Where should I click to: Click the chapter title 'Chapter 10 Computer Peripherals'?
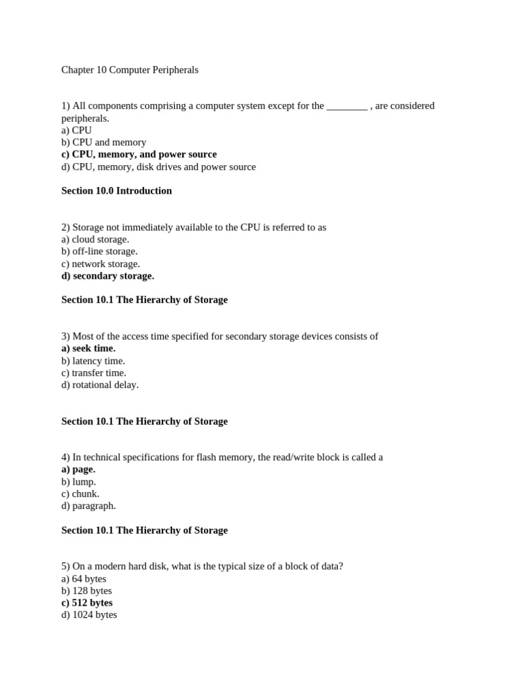pyautogui.click(x=130, y=70)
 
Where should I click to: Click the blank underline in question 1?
pyautogui.click(x=347, y=107)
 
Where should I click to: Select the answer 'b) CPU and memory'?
pyautogui.click(x=103, y=142)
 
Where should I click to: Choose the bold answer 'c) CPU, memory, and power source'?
pyautogui.click(x=139, y=154)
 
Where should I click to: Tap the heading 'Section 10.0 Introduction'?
pyautogui.click(x=116, y=191)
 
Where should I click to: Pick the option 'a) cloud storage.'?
pyautogui.click(x=95, y=239)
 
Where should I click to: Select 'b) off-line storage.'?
pyautogui.click(x=99, y=251)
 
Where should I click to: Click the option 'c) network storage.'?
pyautogui.click(x=101, y=264)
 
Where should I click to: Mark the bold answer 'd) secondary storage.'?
pyautogui.click(x=107, y=276)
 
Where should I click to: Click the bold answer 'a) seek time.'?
pyautogui.click(x=88, y=349)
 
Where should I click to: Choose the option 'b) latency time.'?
pyautogui.click(x=93, y=361)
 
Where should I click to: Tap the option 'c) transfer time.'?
pyautogui.click(x=94, y=372)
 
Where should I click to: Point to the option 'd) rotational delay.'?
pyautogui.click(x=100, y=385)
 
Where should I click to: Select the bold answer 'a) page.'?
pyautogui.click(x=78, y=469)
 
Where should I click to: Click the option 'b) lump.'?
pyautogui.click(x=78, y=481)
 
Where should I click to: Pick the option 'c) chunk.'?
pyautogui.click(x=80, y=493)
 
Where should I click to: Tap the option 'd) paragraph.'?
pyautogui.click(x=88, y=506)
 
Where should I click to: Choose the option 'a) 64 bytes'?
pyautogui.click(x=84, y=578)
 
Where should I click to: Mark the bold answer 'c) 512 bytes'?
pyautogui.click(x=87, y=603)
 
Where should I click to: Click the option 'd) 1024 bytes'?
pyautogui.click(x=89, y=615)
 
